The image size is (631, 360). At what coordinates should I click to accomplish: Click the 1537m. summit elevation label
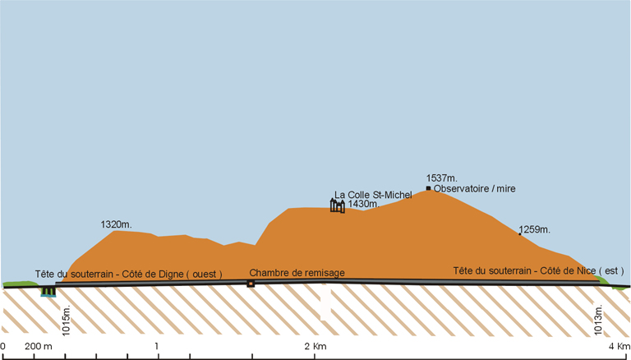pos(442,178)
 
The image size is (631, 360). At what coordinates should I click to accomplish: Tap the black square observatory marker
pos(429,188)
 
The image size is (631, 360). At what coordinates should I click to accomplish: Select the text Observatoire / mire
pos(474,188)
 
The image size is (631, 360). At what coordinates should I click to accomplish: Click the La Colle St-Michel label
pos(373,195)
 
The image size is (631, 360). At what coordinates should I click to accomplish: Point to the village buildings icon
pos(337,205)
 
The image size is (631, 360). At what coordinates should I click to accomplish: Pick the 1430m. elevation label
pos(363,204)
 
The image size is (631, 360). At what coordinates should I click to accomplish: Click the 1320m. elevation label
pos(117,224)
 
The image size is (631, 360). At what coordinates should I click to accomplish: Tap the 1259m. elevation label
pos(534,230)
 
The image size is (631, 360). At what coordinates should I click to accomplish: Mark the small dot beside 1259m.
pos(519,234)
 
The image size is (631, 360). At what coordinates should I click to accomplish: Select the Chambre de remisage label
pos(297,273)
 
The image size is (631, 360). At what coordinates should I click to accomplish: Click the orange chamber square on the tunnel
pos(251,284)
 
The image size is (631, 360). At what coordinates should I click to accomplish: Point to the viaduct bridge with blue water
pos(48,291)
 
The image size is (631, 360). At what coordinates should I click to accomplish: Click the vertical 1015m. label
pos(67,320)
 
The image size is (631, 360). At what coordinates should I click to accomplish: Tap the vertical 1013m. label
pos(598,320)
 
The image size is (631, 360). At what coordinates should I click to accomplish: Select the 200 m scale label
pos(39,346)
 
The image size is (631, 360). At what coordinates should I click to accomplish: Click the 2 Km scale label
pos(315,346)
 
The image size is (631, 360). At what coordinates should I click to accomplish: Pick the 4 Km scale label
pos(619,346)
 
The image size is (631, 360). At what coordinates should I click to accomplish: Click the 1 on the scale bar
pos(157,346)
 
